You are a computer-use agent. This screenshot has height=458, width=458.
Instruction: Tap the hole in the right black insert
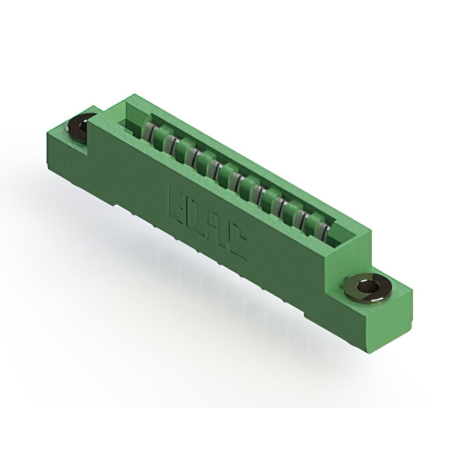click(x=371, y=288)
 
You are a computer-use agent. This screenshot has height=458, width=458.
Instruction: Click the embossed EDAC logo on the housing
click(x=208, y=222)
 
